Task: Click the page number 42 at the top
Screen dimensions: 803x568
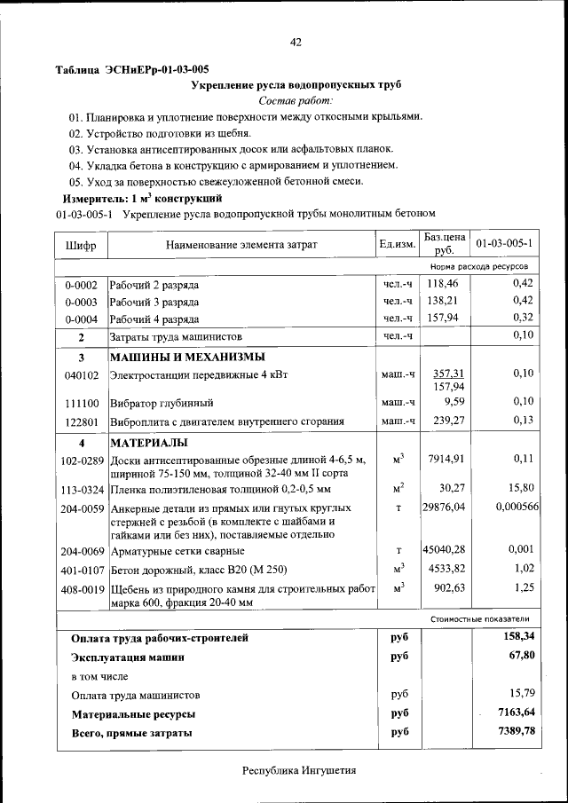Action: tap(296, 41)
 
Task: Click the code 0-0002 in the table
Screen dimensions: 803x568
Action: tap(81, 285)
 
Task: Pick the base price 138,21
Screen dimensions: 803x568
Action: tap(446, 302)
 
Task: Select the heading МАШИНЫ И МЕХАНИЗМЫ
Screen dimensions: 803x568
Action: tap(186, 357)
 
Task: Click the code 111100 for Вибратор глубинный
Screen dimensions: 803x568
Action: tap(81, 403)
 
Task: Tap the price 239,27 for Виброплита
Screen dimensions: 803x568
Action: tap(447, 420)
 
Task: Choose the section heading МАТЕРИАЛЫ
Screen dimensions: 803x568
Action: tap(147, 442)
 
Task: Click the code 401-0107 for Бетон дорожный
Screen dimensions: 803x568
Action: tap(82, 569)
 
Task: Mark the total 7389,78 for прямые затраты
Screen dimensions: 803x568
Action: tap(517, 731)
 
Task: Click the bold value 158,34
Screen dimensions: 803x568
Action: tap(518, 636)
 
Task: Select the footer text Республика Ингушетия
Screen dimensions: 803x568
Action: tap(299, 770)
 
